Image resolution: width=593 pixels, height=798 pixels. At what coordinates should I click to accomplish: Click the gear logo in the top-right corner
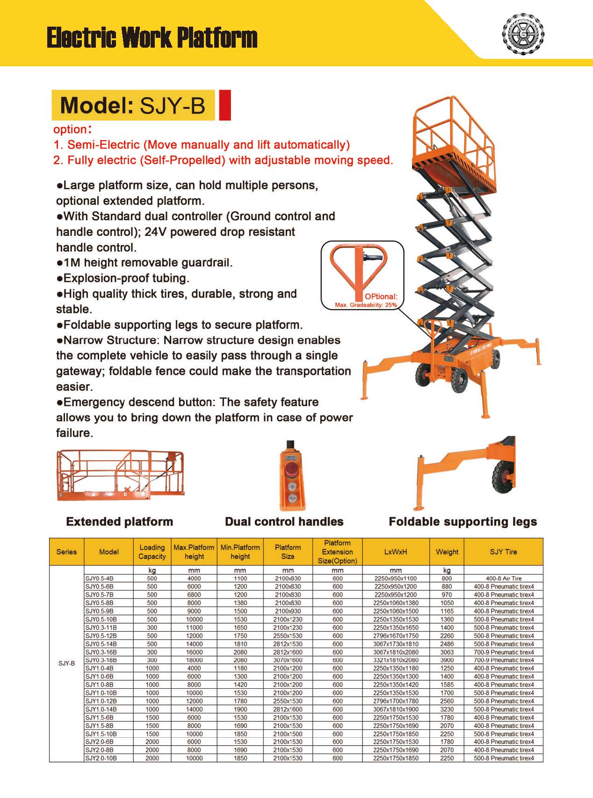click(523, 34)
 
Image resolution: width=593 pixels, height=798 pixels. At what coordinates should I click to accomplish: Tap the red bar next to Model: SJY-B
click(225, 105)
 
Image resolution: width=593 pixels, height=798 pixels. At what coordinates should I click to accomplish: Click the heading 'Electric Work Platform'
click(152, 38)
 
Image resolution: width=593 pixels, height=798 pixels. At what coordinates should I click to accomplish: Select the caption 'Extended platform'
click(120, 521)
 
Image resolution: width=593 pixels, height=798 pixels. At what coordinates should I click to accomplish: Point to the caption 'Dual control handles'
click(284, 521)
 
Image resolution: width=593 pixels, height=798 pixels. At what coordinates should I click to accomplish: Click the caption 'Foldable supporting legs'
click(463, 521)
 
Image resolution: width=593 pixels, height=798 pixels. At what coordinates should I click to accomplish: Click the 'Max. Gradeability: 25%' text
click(366, 305)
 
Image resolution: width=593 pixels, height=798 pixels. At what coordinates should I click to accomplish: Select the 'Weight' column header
click(447, 552)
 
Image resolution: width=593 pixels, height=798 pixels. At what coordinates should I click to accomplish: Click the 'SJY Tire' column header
click(503, 552)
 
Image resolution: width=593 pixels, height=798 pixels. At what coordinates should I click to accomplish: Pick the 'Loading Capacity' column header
click(152, 552)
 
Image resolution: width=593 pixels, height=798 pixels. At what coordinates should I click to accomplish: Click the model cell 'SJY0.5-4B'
click(100, 578)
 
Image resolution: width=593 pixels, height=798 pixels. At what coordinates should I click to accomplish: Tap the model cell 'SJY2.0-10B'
click(101, 758)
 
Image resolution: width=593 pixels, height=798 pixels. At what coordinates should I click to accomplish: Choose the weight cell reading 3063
click(447, 652)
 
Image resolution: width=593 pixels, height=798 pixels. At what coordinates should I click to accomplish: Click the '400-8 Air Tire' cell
click(503, 578)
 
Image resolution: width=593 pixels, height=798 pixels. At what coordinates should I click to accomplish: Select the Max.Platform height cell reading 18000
click(194, 660)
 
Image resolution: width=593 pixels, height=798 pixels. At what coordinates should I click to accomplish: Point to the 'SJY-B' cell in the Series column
click(66, 663)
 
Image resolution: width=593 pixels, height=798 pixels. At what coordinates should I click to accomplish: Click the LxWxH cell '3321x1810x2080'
click(396, 660)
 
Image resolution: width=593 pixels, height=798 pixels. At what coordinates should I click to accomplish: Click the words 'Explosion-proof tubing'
click(126, 278)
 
